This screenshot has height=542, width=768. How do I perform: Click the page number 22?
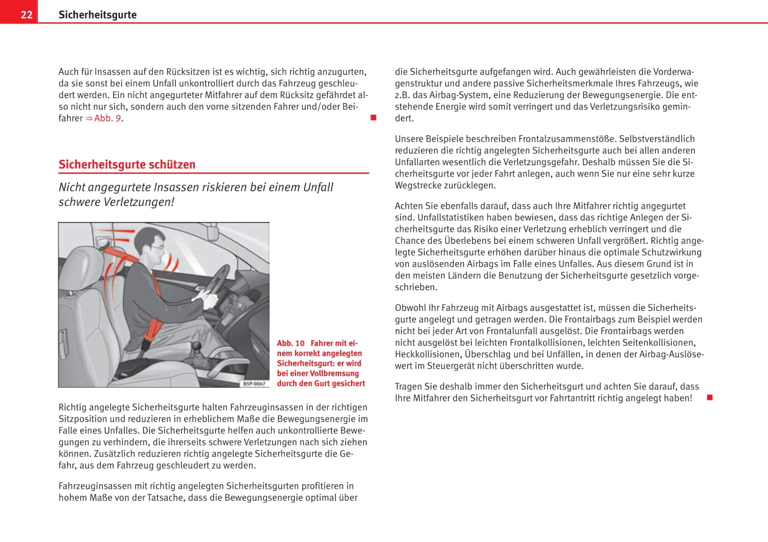click(x=26, y=14)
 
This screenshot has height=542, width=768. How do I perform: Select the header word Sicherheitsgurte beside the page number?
click(x=98, y=14)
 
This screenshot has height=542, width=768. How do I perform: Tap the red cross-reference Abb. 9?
click(x=107, y=118)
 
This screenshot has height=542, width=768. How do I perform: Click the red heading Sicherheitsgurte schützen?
click(x=127, y=165)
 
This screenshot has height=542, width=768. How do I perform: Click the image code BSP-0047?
click(x=254, y=383)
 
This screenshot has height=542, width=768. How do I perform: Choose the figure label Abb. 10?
click(x=291, y=344)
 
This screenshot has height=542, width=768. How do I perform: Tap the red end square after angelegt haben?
click(x=709, y=397)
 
